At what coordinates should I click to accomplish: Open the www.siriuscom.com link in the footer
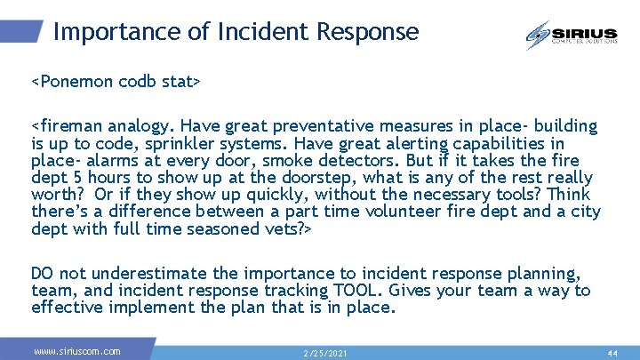76,352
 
